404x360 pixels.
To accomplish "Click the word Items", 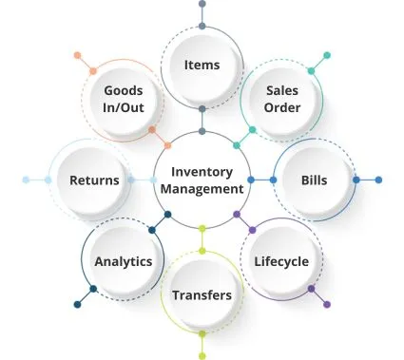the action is point(202,65).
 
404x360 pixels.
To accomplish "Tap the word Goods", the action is point(124,90).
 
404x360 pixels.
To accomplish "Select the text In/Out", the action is point(124,107).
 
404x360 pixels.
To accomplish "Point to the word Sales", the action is point(282,90).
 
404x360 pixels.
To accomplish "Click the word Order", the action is point(282,107).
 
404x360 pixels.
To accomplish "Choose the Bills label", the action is point(314,180).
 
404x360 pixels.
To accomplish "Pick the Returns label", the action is point(94,180).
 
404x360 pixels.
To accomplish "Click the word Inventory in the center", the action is point(202,172).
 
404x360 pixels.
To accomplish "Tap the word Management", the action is point(202,189).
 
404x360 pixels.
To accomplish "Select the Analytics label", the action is point(124,261).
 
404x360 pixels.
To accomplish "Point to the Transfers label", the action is point(202,295).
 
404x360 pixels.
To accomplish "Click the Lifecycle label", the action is point(281,261).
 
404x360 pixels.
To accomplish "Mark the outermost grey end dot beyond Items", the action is point(202,4).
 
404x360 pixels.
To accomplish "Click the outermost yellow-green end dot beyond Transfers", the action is point(202,356).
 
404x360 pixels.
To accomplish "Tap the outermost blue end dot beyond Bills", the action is point(378,180).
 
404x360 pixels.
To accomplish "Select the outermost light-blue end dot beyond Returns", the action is point(26,180).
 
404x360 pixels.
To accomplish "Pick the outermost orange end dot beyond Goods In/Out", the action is point(77,55).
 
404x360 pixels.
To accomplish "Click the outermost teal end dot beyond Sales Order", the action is point(327,55).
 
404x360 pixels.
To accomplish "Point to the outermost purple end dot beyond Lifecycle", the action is point(327,305).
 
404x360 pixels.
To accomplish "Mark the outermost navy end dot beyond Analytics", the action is point(77,305).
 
